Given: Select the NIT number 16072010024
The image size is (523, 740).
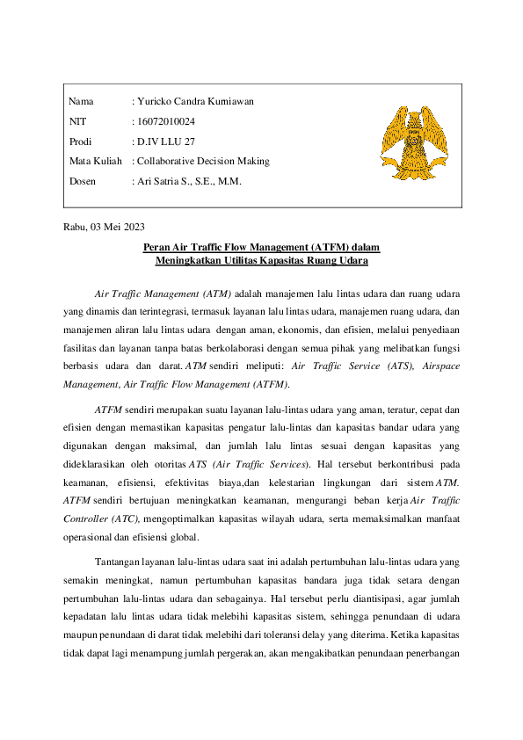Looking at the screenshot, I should [x=166, y=121].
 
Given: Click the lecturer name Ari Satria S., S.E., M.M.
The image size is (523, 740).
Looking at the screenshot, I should [x=188, y=182].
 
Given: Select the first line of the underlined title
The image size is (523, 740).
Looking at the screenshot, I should [x=261, y=248].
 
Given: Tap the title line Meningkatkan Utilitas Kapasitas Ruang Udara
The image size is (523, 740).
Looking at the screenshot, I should [x=261, y=261].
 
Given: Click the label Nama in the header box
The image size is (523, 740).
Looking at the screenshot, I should [x=81, y=101].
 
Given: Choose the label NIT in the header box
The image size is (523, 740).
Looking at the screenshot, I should [x=77, y=121].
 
